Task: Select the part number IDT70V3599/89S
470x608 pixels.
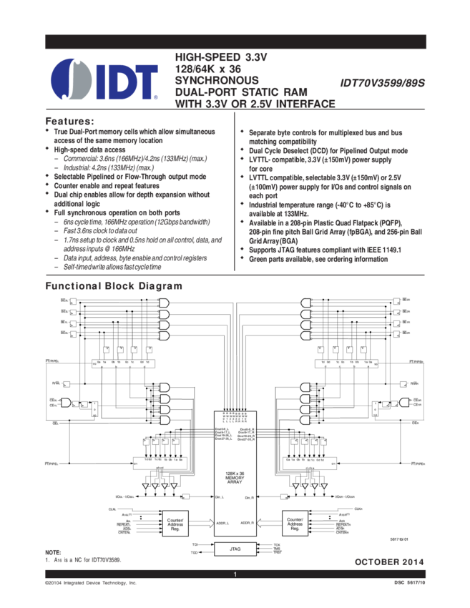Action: click(x=382, y=83)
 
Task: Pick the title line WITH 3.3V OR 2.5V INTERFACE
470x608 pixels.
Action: click(x=255, y=104)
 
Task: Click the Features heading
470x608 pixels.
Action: click(x=69, y=120)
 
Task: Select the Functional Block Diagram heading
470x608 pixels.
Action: click(x=114, y=286)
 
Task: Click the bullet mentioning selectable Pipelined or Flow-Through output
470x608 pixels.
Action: click(x=129, y=176)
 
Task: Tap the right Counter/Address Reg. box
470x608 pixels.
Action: click(x=294, y=524)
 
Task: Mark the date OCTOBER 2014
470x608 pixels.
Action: click(x=389, y=562)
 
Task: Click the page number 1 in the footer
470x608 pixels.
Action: click(x=235, y=574)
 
